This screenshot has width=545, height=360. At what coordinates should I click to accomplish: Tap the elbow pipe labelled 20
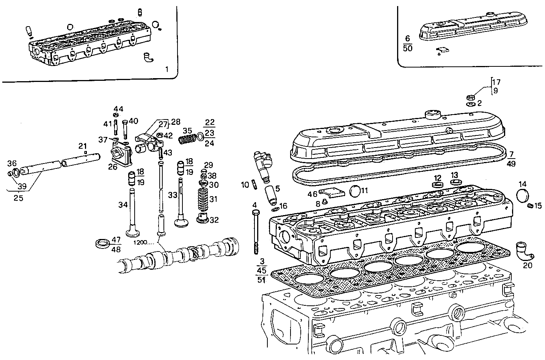coord(524,250)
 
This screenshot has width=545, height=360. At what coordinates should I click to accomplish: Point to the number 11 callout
coord(364,191)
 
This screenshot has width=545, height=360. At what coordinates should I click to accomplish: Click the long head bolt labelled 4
coord(256,231)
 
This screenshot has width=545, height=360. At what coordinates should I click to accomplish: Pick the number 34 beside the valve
coord(123,205)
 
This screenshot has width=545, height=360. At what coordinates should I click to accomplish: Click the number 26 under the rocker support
coord(113,167)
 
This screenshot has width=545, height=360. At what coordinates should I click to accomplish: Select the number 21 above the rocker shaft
coord(83,146)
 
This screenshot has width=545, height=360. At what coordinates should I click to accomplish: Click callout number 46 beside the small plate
coord(312,194)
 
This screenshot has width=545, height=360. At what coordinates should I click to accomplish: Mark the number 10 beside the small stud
coord(245,185)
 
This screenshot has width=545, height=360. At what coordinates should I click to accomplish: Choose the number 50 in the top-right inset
coord(408,48)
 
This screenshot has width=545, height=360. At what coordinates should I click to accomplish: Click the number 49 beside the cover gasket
coord(511,163)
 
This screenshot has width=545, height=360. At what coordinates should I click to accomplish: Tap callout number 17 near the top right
coord(496,82)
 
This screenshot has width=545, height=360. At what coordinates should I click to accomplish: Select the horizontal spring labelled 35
coord(187,140)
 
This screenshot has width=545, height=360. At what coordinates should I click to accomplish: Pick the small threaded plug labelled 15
coord(530,206)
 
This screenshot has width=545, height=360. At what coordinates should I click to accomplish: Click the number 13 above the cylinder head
coord(454,175)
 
